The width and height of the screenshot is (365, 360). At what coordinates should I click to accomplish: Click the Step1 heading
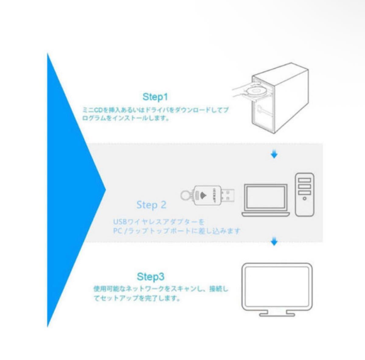coord(155,97)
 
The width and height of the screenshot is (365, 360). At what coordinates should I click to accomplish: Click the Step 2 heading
coord(151,205)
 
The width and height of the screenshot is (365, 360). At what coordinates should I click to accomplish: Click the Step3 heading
coord(151,277)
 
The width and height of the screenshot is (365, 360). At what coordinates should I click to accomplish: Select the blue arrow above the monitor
coord(274,241)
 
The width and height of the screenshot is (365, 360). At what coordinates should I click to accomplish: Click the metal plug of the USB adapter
coord(227,195)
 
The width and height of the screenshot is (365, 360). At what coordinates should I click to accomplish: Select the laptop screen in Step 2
coord(266,197)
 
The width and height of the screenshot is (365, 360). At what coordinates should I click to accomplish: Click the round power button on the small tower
coord(304,199)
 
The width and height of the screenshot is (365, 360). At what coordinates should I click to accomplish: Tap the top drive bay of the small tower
coord(304,180)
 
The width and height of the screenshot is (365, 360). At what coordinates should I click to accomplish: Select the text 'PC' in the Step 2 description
coord(118,231)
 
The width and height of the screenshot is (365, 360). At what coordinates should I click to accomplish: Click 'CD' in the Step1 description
coord(99,110)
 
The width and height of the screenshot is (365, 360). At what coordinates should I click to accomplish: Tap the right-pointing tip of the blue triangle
coord(105,190)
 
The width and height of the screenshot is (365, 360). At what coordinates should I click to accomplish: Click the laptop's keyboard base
coord(266,214)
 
